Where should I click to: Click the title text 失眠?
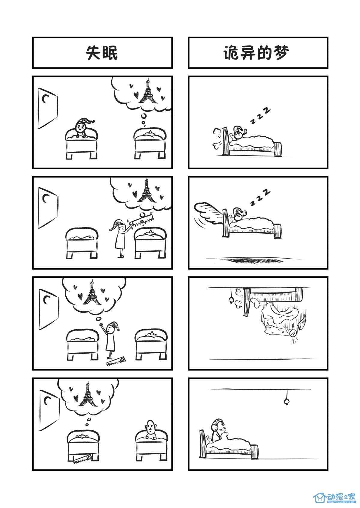point(102,53)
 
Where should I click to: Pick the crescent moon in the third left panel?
point(46,300)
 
